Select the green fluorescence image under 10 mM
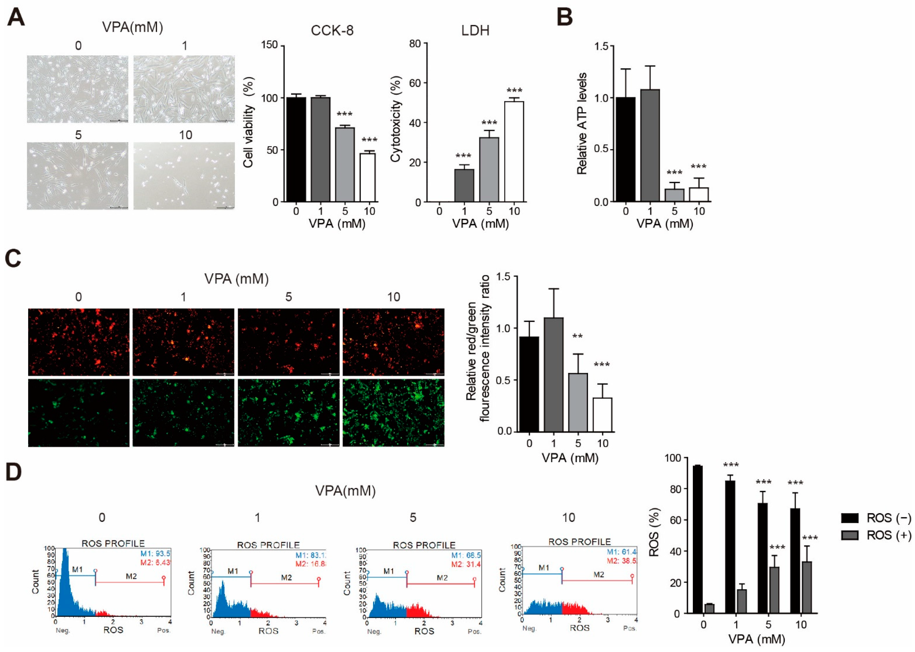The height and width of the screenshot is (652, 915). point(393,413)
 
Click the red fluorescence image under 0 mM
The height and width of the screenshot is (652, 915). point(79,342)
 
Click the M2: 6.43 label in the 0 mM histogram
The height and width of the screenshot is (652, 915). point(155,563)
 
